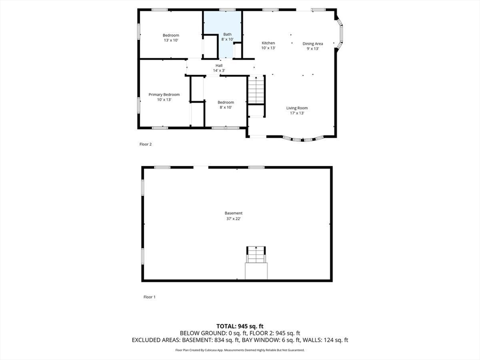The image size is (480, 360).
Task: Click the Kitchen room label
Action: pos(268,43)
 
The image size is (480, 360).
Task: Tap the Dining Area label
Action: pos(313,44)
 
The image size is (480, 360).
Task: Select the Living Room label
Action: pos(297,108)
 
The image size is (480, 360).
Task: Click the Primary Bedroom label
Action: pos(164,95)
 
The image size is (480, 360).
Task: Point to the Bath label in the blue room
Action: pos(227,34)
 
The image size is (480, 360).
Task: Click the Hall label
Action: pos(219,66)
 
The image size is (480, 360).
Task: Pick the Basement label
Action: pos(233,213)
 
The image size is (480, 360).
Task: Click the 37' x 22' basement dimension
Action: pos(233,218)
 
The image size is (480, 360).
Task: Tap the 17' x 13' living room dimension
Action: pos(297,113)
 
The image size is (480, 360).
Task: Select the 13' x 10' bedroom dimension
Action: pos(171,40)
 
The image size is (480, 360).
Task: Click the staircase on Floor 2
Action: pos(256,90)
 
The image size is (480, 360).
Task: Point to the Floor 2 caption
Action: pos(146,144)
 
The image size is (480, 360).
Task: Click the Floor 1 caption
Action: pos(150,297)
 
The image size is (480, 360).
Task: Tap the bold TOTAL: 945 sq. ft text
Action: pos(240,326)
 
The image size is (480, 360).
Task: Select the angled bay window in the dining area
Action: pos(340,32)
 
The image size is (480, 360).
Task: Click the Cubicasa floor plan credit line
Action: pos(240,350)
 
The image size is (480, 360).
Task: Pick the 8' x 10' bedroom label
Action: pos(226,107)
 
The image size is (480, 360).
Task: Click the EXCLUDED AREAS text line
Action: pos(240,340)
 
